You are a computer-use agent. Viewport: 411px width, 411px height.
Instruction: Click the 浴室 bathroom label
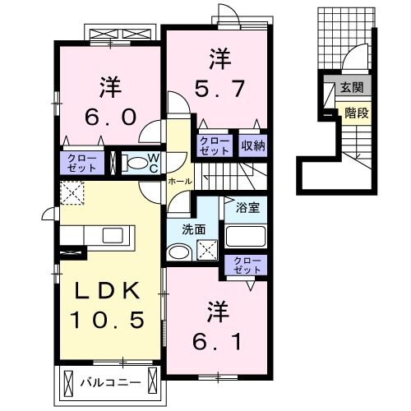pyautogui.click(x=247, y=208)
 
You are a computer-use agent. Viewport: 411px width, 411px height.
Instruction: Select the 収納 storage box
pyautogui.click(x=253, y=146)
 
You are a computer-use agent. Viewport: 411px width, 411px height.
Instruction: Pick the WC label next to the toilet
pyautogui.click(x=153, y=163)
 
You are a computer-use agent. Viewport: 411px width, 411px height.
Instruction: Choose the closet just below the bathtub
pyautogui.click(x=246, y=266)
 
